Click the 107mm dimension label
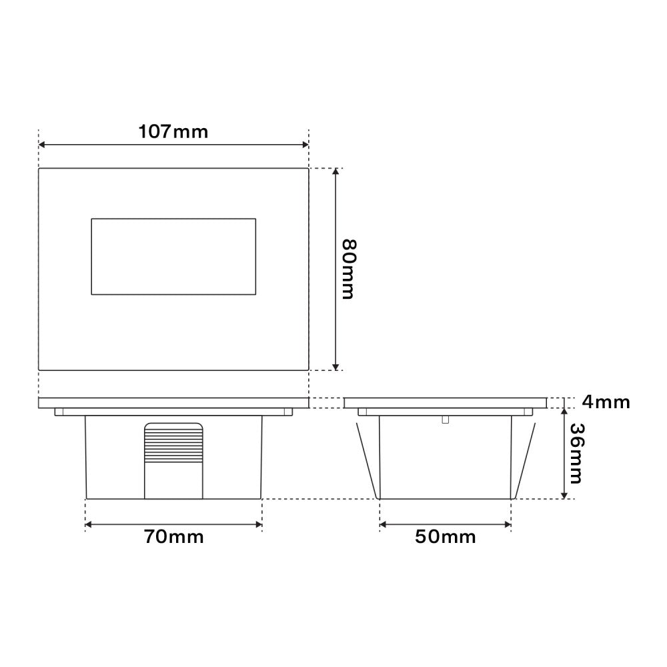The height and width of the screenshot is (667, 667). coord(173,131)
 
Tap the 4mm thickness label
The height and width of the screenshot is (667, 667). coord(605,402)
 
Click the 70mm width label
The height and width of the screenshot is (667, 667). coord(173,537)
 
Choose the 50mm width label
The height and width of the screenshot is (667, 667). coord(445,537)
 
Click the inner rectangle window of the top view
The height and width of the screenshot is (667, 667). coord(173,256)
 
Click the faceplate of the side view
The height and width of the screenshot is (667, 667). coord(445,403)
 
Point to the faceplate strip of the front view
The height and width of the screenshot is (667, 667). coord(173,403)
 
